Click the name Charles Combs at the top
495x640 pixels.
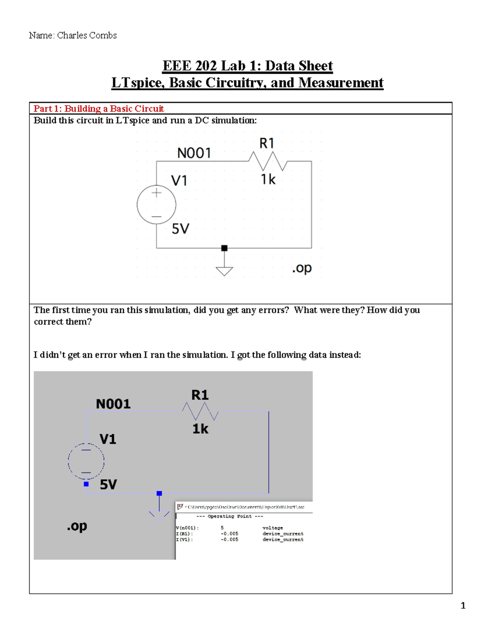(87, 35)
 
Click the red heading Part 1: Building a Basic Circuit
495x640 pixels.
(99, 108)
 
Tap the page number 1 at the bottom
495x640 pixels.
(463, 605)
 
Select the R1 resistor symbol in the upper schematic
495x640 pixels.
(268, 161)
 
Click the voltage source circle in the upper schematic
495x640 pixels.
(156, 204)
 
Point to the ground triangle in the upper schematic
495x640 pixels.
(224, 271)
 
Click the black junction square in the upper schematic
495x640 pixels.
(224, 248)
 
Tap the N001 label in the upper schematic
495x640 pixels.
(194, 153)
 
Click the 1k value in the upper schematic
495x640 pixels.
(268, 179)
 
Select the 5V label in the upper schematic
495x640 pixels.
(180, 229)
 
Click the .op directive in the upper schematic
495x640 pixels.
(302, 268)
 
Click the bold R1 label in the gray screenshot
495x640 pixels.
(200, 395)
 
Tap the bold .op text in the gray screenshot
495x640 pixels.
(77, 526)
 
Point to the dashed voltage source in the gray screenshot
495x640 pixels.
(86, 461)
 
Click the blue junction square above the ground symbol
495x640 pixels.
(159, 493)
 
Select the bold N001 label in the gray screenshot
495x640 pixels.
(113, 404)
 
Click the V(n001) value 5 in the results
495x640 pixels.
(222, 528)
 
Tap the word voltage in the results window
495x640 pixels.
(273, 528)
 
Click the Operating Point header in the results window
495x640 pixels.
(229, 516)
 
